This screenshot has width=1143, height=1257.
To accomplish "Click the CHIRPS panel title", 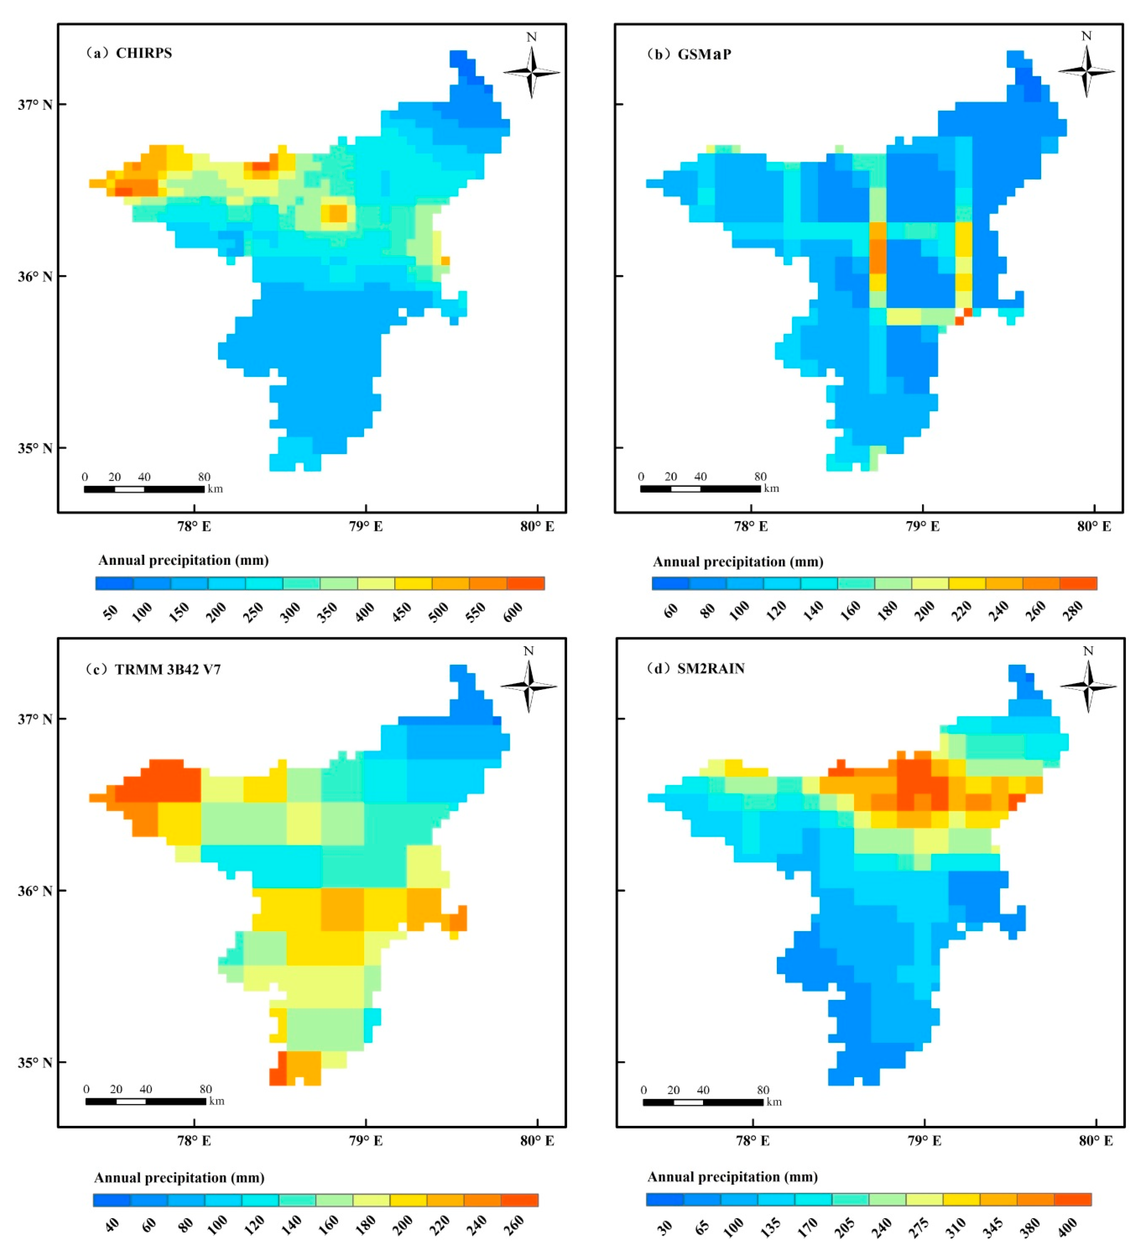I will point(129,53).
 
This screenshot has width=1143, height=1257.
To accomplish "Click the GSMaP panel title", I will point(689,54).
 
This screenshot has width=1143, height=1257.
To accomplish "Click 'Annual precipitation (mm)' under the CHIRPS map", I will point(183,560).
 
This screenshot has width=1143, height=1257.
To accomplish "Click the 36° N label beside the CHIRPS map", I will point(35,276).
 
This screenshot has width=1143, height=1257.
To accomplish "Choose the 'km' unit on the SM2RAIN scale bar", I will point(774,1102).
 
